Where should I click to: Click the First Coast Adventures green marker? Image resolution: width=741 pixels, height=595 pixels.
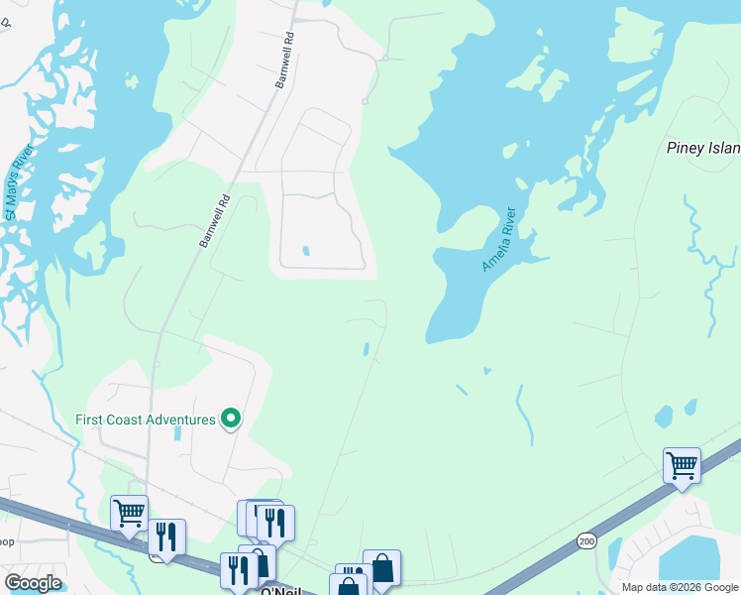[231, 419]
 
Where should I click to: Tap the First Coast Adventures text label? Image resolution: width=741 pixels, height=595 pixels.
[145, 419]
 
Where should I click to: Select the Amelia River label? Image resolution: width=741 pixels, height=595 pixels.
[499, 239]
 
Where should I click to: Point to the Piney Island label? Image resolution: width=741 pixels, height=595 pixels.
[702, 149]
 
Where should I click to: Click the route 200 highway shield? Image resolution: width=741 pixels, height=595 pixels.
[585, 540]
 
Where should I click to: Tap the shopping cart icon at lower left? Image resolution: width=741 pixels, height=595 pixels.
[130, 513]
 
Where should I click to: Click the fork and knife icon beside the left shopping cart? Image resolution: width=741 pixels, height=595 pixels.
[166, 536]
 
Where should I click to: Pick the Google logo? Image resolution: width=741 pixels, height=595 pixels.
[33, 583]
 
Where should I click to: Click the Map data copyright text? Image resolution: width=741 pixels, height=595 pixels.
[679, 587]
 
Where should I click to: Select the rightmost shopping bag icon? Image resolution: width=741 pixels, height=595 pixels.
[381, 567]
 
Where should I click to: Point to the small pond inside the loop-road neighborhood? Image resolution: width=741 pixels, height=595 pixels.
[305, 251]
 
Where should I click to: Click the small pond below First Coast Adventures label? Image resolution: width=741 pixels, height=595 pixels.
[176, 432]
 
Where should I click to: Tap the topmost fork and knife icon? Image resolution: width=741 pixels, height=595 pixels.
[275, 522]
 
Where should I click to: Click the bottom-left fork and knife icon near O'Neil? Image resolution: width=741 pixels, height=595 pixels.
[238, 569]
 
